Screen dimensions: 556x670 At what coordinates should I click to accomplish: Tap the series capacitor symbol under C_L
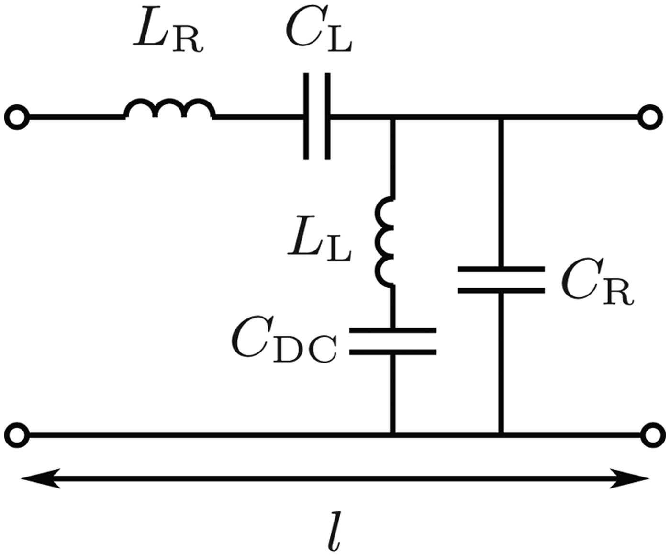click(316, 116)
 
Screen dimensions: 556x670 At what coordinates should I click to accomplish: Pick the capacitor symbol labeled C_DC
click(392, 341)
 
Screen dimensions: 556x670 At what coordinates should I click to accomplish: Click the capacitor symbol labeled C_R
click(501, 280)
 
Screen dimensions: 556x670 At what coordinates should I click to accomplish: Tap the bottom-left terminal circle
click(17, 435)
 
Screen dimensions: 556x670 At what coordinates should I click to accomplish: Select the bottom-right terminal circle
click(651, 435)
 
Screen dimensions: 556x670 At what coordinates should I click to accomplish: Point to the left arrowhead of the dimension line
click(41, 478)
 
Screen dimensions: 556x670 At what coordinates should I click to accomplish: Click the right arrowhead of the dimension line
click(629, 478)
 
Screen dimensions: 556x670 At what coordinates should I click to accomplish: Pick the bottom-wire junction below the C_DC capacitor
click(392, 435)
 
